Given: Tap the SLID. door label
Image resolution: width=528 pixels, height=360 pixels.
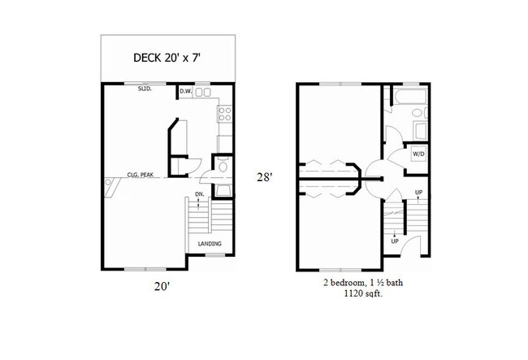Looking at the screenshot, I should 145,92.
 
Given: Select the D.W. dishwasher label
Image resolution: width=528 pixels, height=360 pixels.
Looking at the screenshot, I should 186,92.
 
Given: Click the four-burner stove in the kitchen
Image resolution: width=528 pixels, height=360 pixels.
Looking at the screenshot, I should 226,114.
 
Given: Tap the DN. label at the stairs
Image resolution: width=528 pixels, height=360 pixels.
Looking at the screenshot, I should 199,195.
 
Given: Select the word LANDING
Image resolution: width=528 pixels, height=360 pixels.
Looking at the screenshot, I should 210,244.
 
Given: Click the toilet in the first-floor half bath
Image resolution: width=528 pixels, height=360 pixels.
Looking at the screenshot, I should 223,167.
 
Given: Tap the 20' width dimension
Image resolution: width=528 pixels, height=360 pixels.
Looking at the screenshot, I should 166,286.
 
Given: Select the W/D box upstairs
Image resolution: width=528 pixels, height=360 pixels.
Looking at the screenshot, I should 418,153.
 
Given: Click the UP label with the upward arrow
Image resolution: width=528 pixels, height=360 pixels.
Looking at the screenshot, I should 418,193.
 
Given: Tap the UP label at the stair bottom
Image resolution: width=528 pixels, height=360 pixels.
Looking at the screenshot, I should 395,241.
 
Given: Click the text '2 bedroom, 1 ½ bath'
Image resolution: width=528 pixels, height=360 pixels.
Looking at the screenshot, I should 361,285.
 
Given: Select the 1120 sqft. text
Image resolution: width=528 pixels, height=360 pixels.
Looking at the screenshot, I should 361,297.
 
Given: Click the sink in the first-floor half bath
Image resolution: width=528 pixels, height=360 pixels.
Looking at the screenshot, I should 223,190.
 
